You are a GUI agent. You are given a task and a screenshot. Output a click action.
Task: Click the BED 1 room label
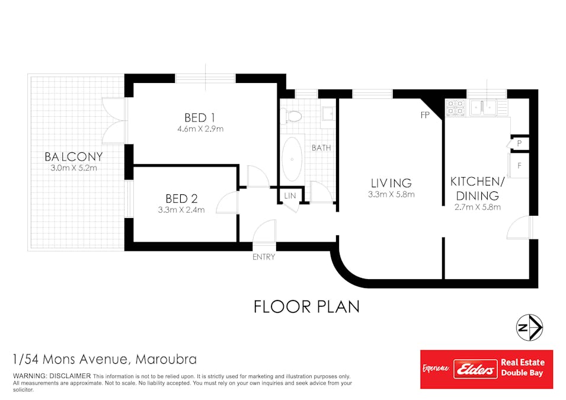(200, 118)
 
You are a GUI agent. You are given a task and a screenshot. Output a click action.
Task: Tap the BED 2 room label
(181, 199)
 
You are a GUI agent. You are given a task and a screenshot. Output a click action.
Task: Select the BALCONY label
(73, 156)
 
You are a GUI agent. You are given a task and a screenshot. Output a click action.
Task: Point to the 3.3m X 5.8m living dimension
(391, 194)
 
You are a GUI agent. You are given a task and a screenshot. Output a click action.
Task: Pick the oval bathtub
(292, 159)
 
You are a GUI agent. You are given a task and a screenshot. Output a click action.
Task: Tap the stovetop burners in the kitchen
(455, 108)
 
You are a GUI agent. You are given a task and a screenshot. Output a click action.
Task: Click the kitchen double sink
(483, 108)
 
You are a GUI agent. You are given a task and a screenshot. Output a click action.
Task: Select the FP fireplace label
(425, 115)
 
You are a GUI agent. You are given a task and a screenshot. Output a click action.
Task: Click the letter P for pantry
(519, 143)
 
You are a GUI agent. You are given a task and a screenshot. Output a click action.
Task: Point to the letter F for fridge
(519, 166)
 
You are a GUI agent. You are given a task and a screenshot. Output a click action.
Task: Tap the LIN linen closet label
(290, 196)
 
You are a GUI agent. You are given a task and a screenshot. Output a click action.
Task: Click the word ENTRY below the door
(264, 257)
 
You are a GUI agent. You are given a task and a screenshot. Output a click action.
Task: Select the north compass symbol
(529, 328)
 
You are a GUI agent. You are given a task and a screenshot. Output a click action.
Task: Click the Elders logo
(475, 369)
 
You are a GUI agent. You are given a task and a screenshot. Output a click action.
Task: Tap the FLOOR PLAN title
(307, 307)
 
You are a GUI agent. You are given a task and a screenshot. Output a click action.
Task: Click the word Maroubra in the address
(166, 360)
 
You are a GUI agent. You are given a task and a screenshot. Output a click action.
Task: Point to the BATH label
(321, 148)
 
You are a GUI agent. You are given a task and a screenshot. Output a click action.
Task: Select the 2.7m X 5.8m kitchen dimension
(478, 207)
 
